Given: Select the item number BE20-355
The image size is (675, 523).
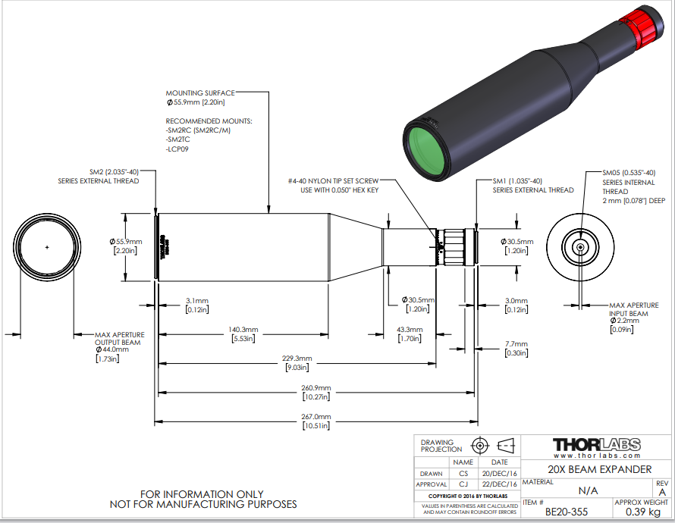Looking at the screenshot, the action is [x=566, y=512].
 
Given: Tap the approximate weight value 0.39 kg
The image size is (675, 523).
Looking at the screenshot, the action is [x=642, y=512].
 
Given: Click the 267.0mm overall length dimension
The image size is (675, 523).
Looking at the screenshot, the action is [x=316, y=417].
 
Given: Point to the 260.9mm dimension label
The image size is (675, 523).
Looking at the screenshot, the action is [x=316, y=388].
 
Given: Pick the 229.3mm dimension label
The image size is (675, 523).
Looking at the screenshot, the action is [x=297, y=359].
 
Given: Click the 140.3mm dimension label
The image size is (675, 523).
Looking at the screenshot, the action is [x=243, y=330].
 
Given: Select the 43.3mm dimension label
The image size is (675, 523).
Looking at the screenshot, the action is [x=410, y=330].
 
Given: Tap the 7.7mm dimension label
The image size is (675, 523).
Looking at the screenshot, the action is [x=516, y=344].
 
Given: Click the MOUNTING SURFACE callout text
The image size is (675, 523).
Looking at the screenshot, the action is [x=200, y=93].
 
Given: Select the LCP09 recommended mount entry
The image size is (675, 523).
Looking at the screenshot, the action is [x=177, y=149].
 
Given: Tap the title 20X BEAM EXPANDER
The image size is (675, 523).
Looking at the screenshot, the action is [x=600, y=469].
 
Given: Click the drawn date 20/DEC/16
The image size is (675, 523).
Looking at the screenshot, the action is [x=499, y=473].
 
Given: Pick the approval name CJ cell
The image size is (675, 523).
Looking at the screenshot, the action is [x=463, y=484].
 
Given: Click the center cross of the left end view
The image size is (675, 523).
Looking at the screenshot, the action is [x=47, y=247].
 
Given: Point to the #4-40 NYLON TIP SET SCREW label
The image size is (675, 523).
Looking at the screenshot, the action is [x=333, y=181].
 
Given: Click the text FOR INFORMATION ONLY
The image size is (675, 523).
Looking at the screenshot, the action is [x=202, y=495].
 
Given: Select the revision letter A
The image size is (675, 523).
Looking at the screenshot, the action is [x=662, y=493].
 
